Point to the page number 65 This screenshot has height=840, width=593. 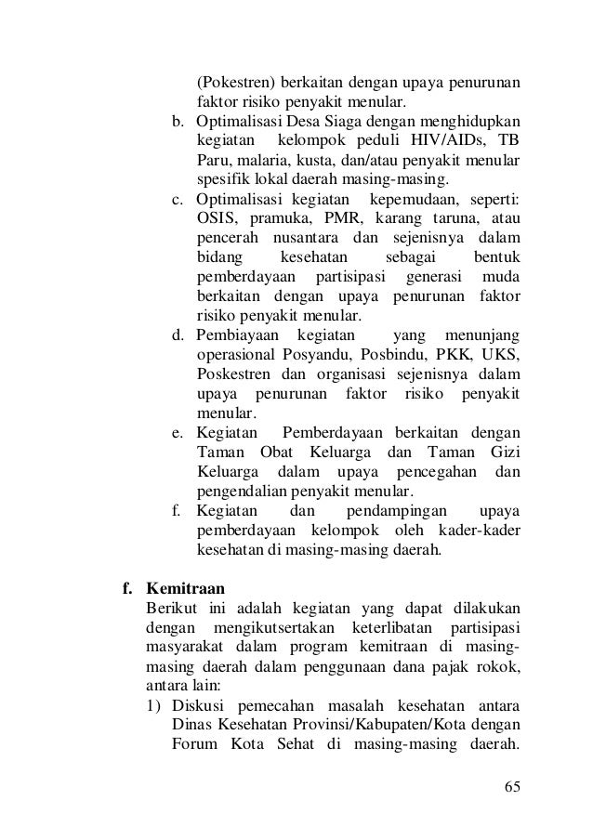[x=511, y=788]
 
